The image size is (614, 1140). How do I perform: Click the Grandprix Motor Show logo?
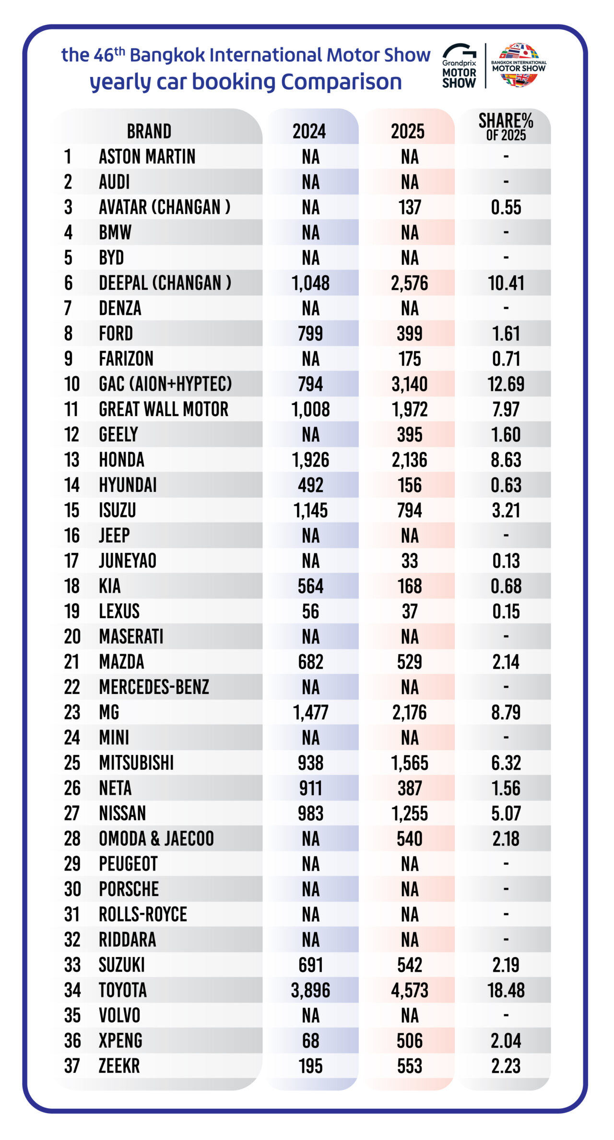(459, 66)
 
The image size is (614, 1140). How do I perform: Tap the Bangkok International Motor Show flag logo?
(519, 65)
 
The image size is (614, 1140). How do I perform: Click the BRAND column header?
(149, 131)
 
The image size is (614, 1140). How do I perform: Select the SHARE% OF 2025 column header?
(506, 127)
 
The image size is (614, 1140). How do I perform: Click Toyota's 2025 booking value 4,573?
(410, 990)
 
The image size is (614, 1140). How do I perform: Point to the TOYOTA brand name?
(123, 990)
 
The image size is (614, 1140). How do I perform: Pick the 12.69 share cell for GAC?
(506, 384)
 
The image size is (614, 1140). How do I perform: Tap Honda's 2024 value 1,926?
(311, 460)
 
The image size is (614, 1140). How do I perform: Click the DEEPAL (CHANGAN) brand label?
(165, 283)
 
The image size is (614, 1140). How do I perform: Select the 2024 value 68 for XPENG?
(311, 1041)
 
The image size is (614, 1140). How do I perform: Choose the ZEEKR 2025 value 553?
(410, 1066)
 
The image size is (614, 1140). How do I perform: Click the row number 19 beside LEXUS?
(72, 611)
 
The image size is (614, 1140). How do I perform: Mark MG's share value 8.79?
(506, 712)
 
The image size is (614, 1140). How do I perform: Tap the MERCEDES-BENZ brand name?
(154, 687)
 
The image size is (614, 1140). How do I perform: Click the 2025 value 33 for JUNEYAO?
(410, 561)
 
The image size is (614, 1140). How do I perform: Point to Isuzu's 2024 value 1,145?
(311, 510)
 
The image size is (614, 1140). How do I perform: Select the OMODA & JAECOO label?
(156, 839)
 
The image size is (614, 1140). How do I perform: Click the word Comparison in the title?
(341, 82)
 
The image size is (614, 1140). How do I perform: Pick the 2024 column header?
(309, 131)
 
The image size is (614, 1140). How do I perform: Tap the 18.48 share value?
(506, 990)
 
